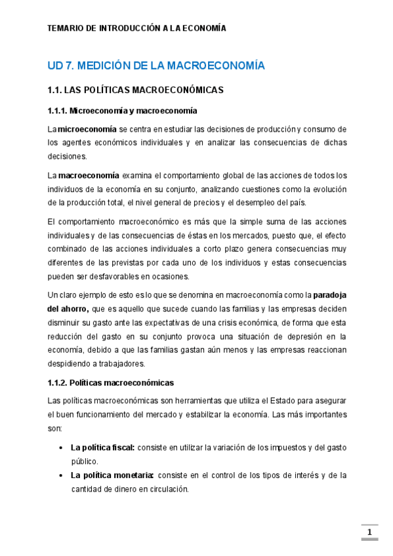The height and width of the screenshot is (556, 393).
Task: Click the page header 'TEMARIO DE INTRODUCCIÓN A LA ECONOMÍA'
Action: (x=136, y=29)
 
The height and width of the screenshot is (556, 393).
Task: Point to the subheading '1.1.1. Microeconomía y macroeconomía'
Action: (x=122, y=110)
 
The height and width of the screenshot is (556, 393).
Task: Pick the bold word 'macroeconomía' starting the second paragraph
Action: (x=89, y=175)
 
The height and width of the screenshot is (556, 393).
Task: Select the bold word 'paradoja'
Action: (x=329, y=296)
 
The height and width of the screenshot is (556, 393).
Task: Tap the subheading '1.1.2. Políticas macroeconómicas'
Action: (x=111, y=382)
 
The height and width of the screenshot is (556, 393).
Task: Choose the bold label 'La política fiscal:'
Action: (x=102, y=447)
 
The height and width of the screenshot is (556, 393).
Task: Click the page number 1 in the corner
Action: (x=370, y=532)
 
